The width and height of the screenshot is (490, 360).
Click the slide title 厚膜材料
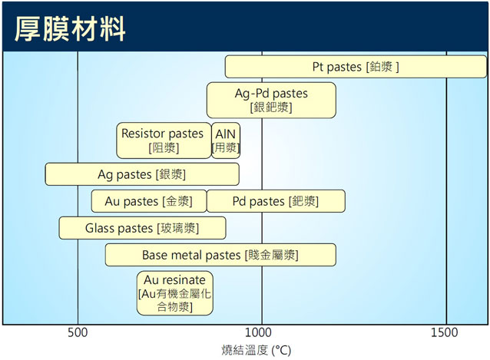70,29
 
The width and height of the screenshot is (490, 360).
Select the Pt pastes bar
356,67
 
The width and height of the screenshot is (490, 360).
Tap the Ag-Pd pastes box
271,101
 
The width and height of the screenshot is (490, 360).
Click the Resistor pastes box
164,140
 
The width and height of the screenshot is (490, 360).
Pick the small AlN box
226,140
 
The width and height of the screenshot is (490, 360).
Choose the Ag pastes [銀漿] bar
142,174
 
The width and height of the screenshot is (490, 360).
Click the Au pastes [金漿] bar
149,201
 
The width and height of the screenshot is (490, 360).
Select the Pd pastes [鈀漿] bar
276,201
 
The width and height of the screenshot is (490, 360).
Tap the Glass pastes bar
142,228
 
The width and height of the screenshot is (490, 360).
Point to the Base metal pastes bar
220,255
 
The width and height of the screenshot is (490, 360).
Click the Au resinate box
174,293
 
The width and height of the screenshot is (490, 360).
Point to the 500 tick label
78,332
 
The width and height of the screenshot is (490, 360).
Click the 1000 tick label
258,332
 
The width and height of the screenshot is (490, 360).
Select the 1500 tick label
445,332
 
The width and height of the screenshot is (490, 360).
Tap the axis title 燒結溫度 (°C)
257,350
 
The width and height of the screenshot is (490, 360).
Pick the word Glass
100,228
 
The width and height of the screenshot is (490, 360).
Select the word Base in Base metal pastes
154,255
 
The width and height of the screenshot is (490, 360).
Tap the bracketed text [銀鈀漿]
271,107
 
